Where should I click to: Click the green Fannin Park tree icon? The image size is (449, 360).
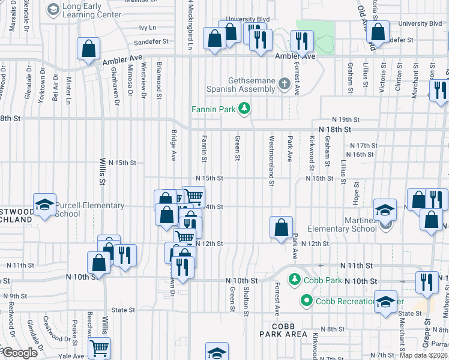tap(244, 109)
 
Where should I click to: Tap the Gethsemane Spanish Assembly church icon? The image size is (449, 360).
tap(285, 85)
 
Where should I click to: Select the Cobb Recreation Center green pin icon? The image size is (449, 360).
tap(307, 301)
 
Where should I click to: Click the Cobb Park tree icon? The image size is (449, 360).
tap(295, 280)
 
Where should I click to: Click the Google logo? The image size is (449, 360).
tap(19, 353)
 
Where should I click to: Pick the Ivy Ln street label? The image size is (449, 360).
tap(148, 28)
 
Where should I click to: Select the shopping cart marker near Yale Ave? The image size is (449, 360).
tap(99, 347)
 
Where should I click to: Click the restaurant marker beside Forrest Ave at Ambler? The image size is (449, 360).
tap(301, 40)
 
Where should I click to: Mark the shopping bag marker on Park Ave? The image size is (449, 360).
tap(281, 227)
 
